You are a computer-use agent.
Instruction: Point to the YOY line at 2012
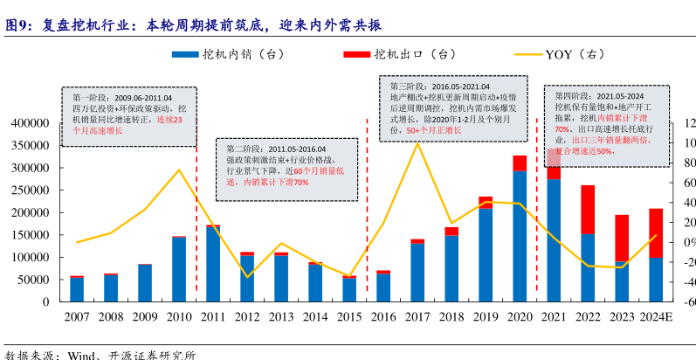coord(247,277)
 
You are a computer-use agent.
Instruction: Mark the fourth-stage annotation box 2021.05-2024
coord(606,121)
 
